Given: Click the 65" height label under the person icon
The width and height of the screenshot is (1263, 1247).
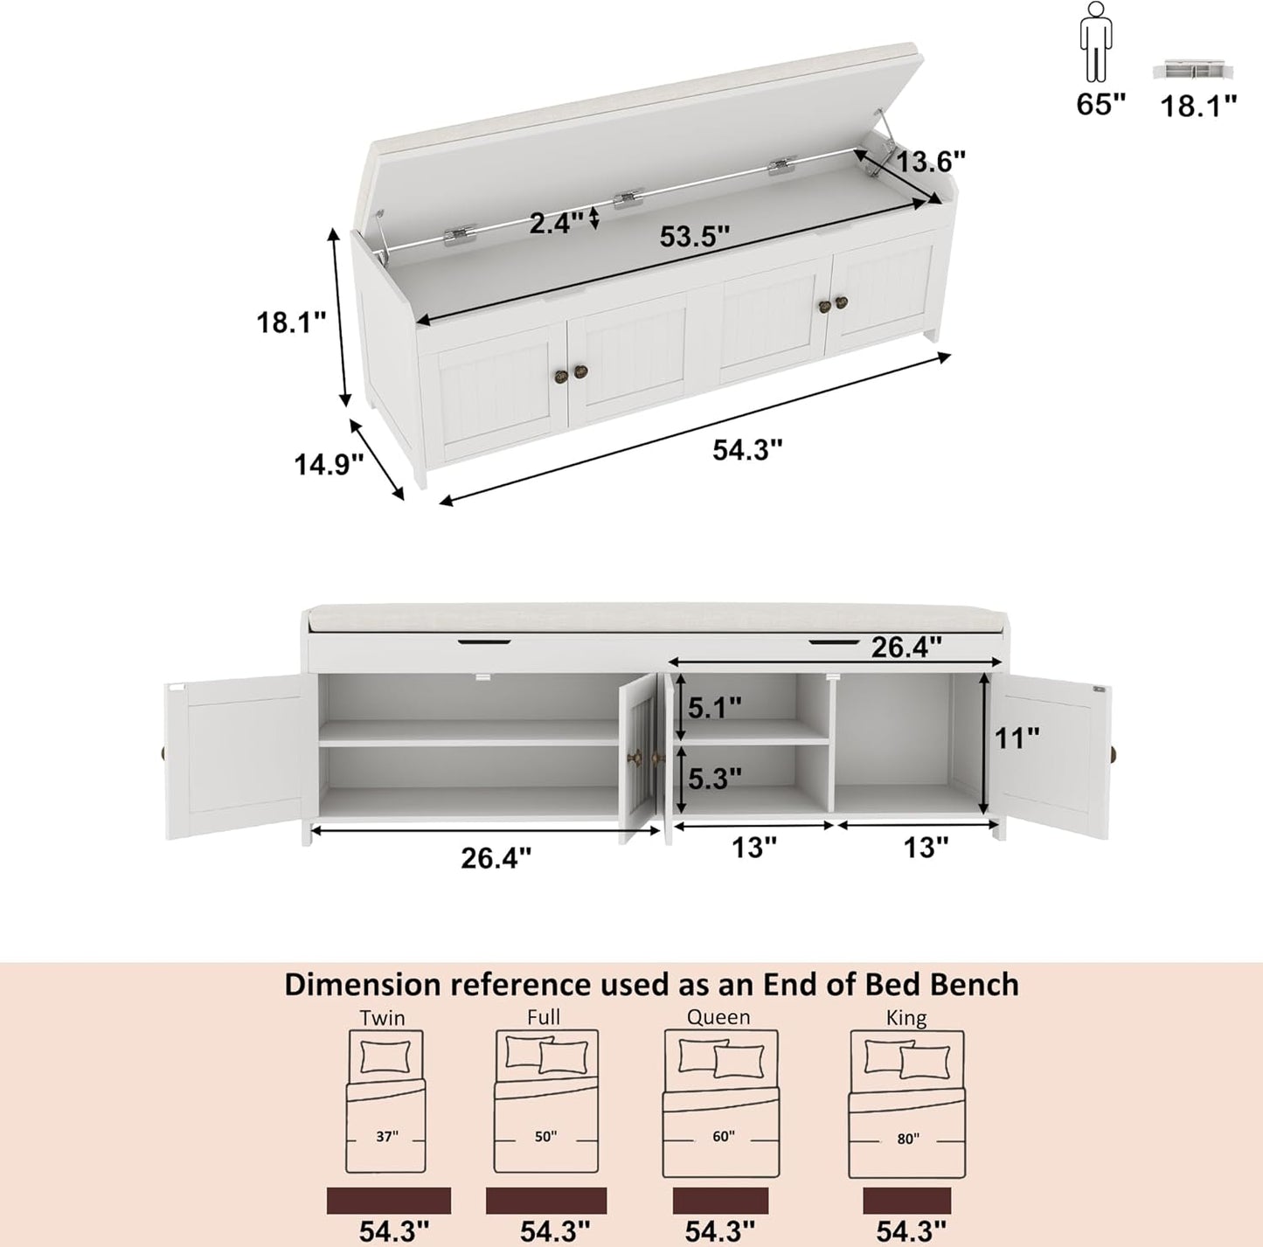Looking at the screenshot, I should point(1100,105).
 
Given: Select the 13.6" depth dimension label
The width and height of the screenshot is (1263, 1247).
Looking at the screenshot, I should point(930,162).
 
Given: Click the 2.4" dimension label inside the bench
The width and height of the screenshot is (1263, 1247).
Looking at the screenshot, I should point(556,223).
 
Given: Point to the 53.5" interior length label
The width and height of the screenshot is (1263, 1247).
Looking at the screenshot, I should point(694,237).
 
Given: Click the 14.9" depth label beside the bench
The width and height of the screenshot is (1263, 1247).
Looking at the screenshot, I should point(328,464).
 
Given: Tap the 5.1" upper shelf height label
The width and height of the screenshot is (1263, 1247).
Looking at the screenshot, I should point(714,707).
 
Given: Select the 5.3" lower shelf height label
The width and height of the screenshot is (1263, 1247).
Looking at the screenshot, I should point(714,778).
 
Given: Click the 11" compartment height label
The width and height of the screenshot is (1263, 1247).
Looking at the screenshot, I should point(1017,738).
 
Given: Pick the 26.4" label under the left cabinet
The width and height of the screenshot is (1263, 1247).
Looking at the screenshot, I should point(496,858).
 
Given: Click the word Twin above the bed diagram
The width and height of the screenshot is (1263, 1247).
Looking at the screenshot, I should point(383,1017).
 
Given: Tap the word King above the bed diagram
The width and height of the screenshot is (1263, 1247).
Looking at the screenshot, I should point(906,1017).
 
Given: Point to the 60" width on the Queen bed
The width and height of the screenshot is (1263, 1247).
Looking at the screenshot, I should point(723,1136).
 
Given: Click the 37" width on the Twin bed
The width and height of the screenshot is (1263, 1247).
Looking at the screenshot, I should point(386,1136).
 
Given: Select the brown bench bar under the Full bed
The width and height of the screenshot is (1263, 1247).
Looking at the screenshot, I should point(546,1200).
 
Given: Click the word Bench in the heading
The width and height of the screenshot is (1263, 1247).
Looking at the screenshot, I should point(974,985).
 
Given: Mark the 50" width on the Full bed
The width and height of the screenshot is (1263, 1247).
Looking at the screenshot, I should point(545,1136).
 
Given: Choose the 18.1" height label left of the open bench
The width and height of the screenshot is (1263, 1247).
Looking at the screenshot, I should point(290,322).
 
